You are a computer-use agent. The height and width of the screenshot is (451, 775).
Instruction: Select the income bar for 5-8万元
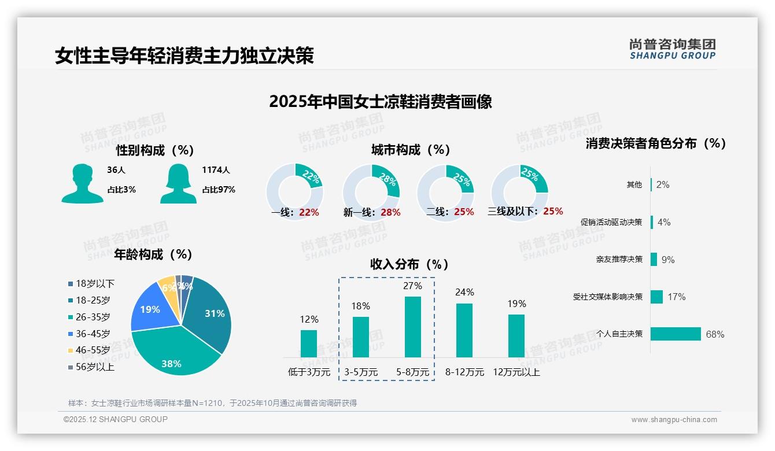tap(412, 327)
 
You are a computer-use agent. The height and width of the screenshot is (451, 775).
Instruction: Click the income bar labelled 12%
tap(309, 343)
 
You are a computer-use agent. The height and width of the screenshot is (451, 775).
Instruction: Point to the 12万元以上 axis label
tap(516, 372)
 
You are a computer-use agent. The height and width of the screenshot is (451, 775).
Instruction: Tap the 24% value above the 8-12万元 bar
tap(464, 293)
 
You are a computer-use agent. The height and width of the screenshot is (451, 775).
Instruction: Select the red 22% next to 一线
tap(309, 213)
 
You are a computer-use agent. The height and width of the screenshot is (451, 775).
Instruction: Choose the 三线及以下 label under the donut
tap(512, 212)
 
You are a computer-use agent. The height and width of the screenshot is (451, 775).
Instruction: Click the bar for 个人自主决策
tap(676, 334)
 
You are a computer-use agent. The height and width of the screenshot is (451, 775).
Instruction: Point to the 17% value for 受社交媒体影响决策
tap(676, 297)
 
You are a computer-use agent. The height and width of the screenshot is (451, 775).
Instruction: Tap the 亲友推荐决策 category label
tap(619, 260)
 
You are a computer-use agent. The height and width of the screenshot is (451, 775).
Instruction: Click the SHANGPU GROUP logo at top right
tap(672, 49)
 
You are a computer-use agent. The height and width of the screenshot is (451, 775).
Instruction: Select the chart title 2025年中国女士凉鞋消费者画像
tap(380, 102)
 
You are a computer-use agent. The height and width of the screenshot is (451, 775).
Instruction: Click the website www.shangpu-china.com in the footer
tap(674, 420)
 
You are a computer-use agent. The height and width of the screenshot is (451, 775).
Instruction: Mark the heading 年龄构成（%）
tap(153, 254)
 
